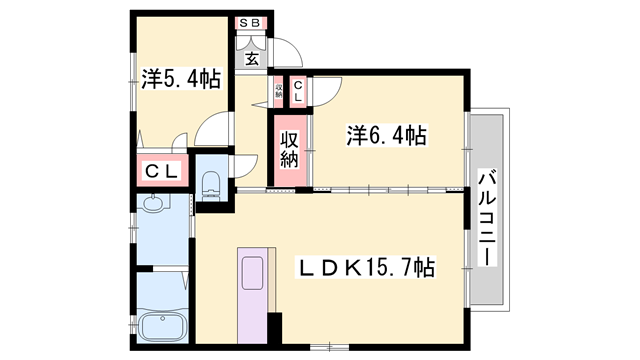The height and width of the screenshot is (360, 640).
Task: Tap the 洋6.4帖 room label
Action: pos(386,135)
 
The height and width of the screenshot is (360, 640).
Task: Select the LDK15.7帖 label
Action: pos(368,267)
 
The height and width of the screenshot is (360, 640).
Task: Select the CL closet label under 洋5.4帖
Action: pos(162,171)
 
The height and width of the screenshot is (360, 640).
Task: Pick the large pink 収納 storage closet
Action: pos(288,150)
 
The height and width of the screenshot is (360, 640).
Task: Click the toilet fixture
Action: pos(211,182)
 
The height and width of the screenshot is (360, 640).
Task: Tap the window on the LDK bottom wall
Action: pos(321,347)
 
